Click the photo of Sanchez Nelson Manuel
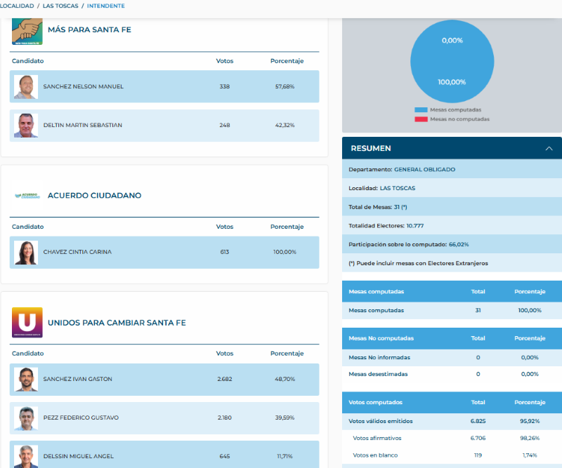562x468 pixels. (x=26, y=87)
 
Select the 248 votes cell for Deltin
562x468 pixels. (x=224, y=126)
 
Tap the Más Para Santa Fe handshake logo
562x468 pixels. (x=27, y=31)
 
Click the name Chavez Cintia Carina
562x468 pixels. (x=77, y=252)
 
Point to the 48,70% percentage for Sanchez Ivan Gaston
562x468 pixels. (x=284, y=379)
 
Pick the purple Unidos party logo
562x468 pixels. (x=27, y=323)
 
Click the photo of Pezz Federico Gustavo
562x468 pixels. (x=26, y=418)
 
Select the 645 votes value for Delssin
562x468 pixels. (x=224, y=456)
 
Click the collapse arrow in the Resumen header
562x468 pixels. (x=549, y=149)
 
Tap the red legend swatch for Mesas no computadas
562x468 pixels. (x=421, y=119)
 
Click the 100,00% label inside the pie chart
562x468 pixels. (x=452, y=82)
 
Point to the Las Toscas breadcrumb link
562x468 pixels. (x=60, y=6)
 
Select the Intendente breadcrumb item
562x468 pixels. (x=106, y=6)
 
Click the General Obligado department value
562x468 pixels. (x=424, y=170)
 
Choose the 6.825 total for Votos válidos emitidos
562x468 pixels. (x=478, y=421)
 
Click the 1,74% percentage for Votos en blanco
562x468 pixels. (x=530, y=455)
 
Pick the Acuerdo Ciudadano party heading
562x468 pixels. (x=94, y=196)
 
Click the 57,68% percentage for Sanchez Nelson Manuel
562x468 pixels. (x=284, y=87)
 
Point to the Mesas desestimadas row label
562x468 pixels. (x=378, y=374)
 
